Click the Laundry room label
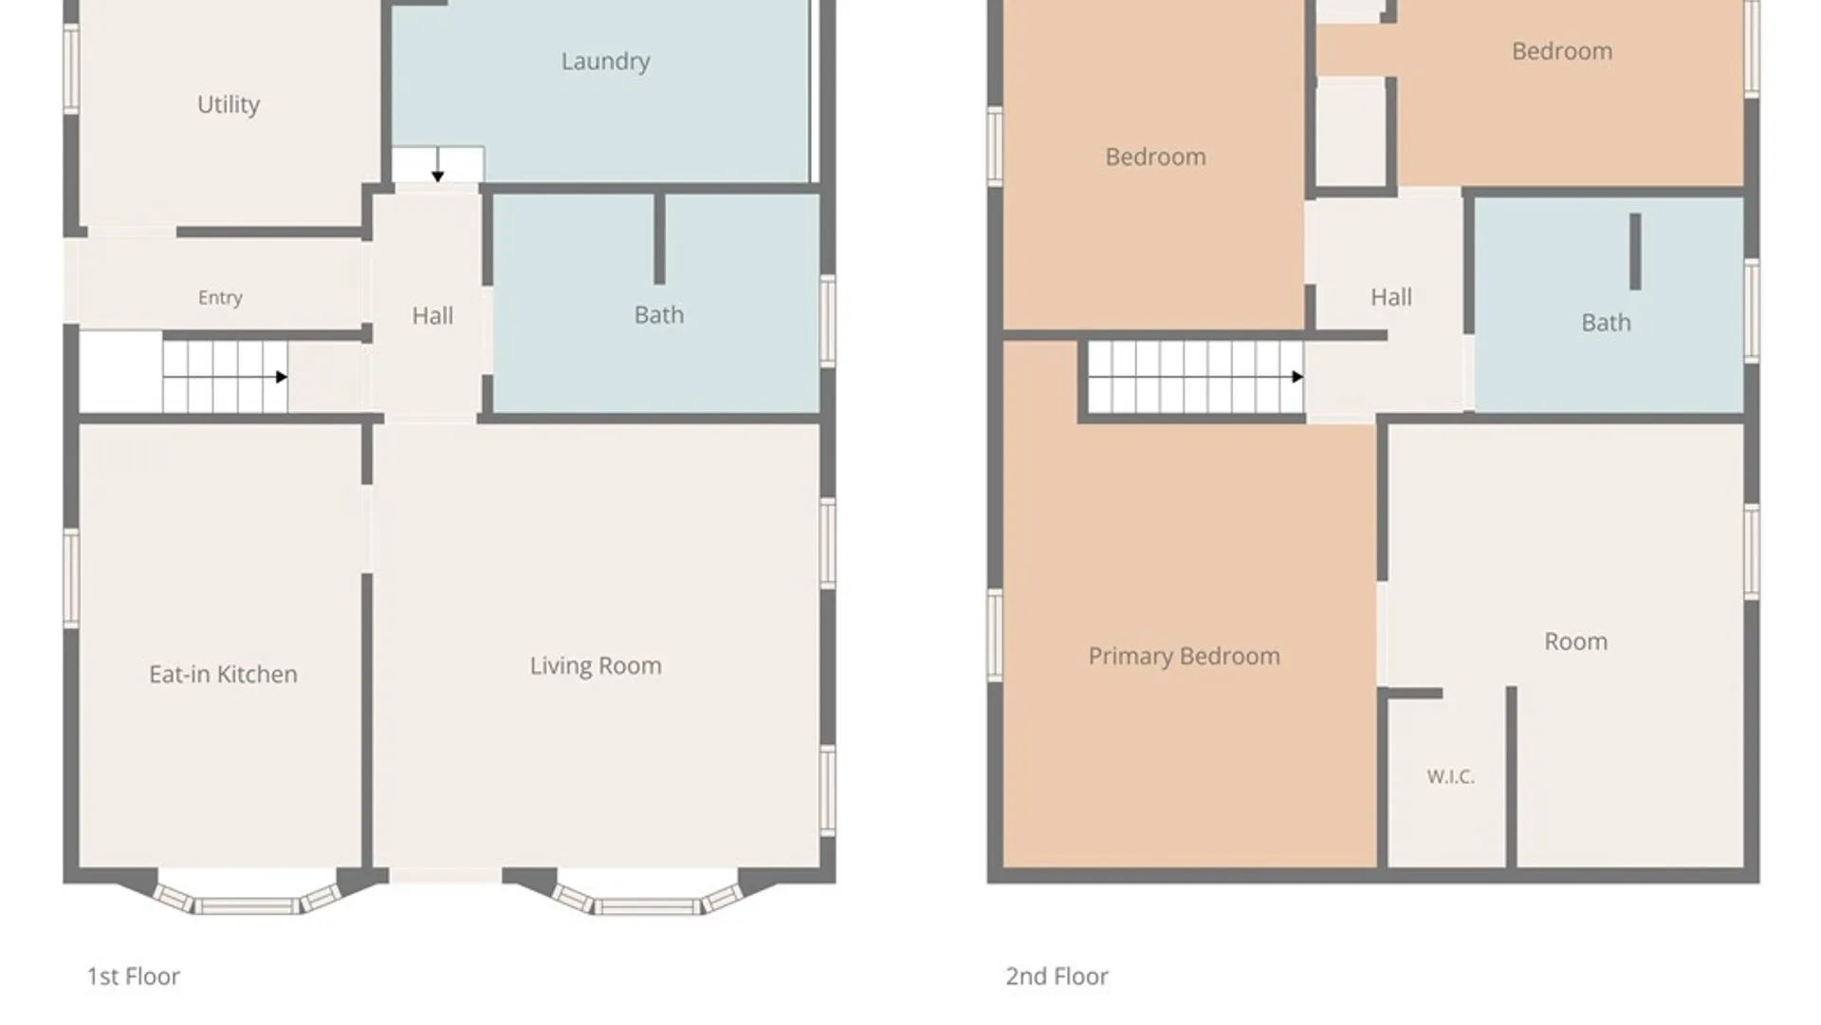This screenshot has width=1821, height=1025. tap(605, 62)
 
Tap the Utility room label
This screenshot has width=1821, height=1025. tap(228, 104)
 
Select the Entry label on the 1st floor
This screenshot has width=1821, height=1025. tap(220, 298)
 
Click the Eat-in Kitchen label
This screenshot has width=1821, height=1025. tap(223, 674)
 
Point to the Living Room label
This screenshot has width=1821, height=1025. tap(596, 665)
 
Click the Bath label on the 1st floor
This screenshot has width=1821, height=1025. tap(659, 314)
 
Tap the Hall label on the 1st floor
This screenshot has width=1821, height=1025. tap(432, 315)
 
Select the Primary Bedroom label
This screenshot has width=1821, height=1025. tap(1184, 656)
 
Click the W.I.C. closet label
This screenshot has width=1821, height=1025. tap(1450, 776)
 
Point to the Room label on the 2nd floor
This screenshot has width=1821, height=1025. tap(1575, 642)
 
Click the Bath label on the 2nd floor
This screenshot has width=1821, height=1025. tap(1606, 323)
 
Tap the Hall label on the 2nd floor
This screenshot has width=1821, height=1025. tap(1390, 297)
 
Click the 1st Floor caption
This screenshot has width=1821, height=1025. tap(133, 976)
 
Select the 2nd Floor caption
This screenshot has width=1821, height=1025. tap(1057, 976)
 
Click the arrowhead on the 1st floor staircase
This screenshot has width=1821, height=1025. tap(282, 377)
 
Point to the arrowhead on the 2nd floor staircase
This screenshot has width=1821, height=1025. tap(1297, 377)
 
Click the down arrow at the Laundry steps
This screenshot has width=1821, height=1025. tap(437, 164)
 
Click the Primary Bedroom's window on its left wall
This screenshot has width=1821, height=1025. tap(995, 634)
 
